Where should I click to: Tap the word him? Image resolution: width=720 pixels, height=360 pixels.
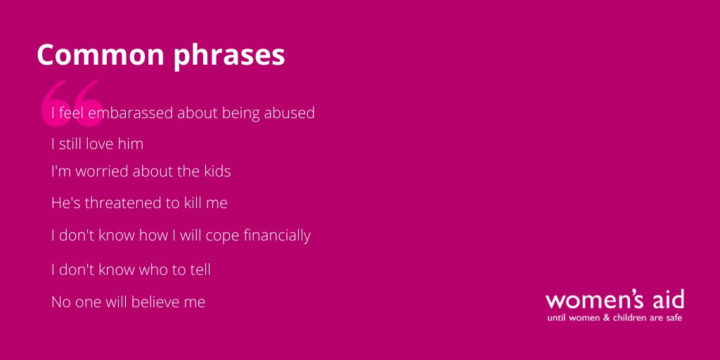point(131,144)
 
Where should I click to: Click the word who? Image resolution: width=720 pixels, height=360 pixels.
point(150,269)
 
